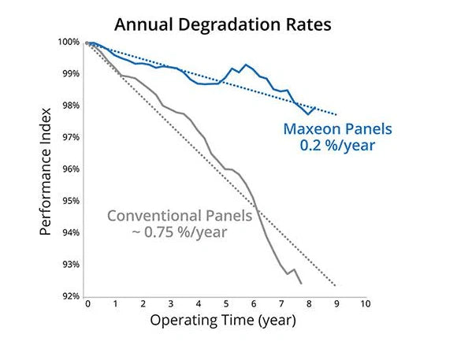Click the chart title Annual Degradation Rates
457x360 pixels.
(x=223, y=24)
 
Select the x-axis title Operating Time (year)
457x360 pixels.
(x=223, y=321)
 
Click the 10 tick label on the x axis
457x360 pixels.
(x=364, y=304)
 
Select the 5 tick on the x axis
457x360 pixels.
(x=226, y=304)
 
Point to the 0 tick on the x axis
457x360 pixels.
(x=87, y=304)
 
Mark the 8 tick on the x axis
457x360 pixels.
(x=309, y=304)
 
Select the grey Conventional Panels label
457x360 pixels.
(x=179, y=215)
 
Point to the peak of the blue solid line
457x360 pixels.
(x=246, y=65)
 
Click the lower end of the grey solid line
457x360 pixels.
(x=301, y=284)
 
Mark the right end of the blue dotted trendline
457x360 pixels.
(x=336, y=114)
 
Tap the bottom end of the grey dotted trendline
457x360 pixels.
(x=336, y=285)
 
